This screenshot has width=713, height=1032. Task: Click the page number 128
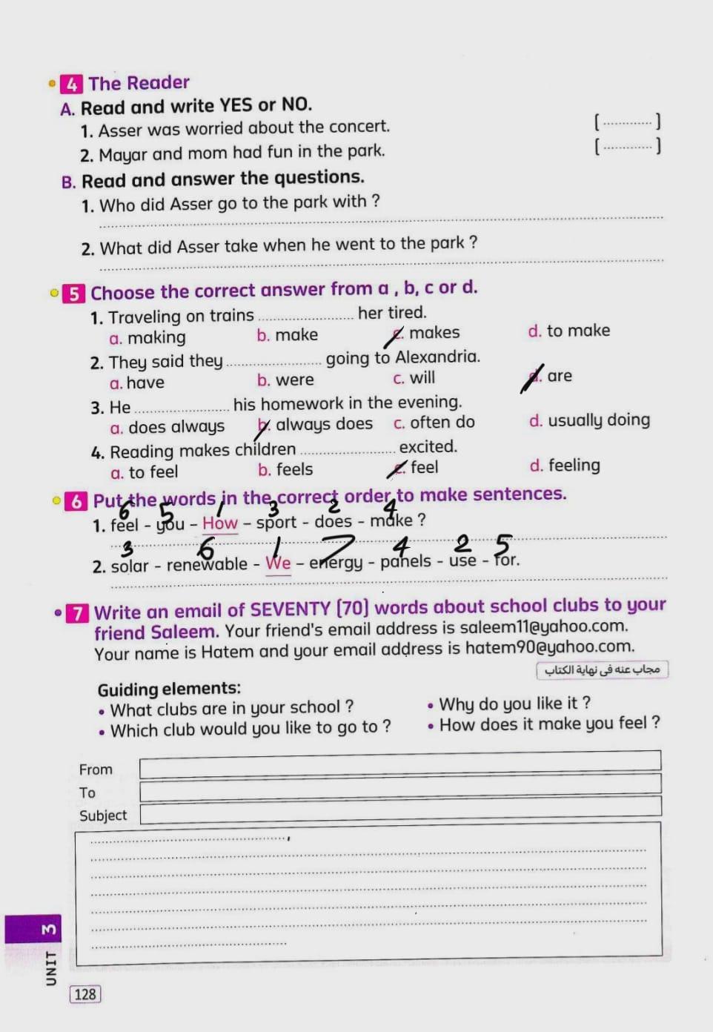point(85,994)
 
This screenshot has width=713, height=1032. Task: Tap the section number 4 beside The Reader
point(71,84)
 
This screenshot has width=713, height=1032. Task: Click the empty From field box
point(399,764)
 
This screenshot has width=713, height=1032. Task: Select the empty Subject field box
point(399,810)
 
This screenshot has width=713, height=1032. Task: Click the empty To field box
point(399,787)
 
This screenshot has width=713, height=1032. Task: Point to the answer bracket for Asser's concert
point(626,122)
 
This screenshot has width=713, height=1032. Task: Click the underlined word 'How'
point(220,523)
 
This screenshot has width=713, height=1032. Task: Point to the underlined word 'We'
point(278,563)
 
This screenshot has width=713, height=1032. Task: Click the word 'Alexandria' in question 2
point(437,357)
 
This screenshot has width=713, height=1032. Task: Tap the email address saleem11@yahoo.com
point(543,627)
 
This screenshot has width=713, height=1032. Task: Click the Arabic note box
point(602,669)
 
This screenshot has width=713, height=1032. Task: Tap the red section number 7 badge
point(77,613)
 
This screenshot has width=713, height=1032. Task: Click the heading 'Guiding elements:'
point(169,689)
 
